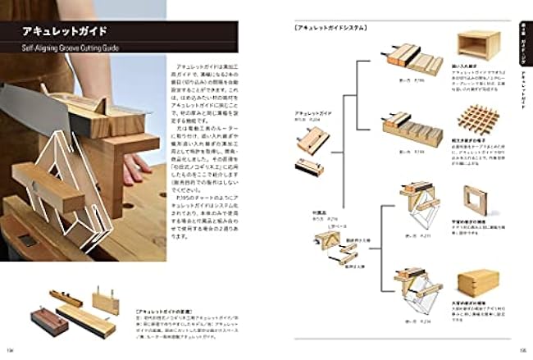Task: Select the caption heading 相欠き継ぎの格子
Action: [468, 142]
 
